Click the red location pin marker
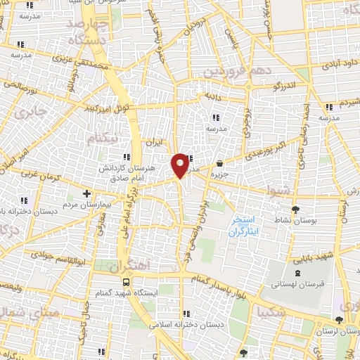180,165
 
